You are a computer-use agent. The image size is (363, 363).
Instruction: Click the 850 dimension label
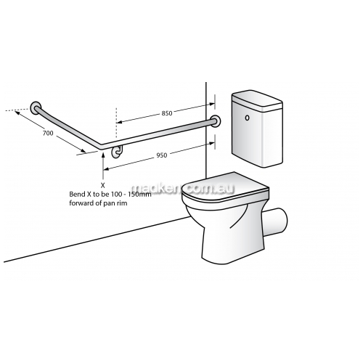(x=167, y=113)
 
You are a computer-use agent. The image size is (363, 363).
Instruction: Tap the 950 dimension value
(x=162, y=155)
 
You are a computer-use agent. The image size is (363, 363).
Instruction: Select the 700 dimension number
(x=48, y=133)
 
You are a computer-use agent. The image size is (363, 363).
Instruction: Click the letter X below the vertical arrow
(x=103, y=185)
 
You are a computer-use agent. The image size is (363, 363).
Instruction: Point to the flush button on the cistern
(x=247, y=118)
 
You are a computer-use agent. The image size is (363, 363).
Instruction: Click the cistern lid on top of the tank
(x=257, y=99)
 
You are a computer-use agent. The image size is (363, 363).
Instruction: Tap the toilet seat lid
(x=225, y=186)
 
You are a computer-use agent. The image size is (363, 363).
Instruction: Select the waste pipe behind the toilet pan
(x=276, y=221)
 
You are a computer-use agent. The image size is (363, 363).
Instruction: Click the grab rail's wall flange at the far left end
(x=36, y=107)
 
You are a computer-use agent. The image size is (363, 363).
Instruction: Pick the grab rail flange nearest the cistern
(x=215, y=122)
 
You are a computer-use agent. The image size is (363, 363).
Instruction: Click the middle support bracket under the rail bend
(x=118, y=152)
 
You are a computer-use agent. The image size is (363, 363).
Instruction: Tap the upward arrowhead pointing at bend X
(x=103, y=155)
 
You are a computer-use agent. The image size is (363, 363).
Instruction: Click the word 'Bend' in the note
(x=76, y=194)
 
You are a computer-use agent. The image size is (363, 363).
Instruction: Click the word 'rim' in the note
(x=122, y=203)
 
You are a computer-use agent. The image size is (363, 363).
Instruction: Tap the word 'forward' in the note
(x=80, y=203)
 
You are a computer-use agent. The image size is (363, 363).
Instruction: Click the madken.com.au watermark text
(x=183, y=189)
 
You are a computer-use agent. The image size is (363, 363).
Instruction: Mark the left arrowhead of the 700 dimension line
(x=17, y=112)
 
